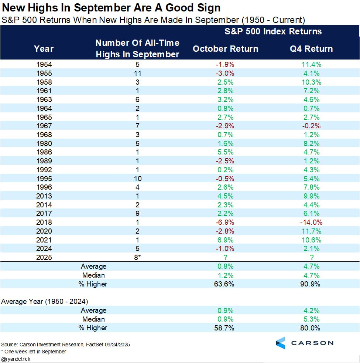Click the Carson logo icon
pyautogui.click(x=281, y=343)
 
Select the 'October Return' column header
pyautogui.click(x=225, y=49)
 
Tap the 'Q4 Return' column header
pyautogui.click(x=311, y=49)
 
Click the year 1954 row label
pyautogui.click(x=44, y=64)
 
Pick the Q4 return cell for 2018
pyautogui.click(x=311, y=223)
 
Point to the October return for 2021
pyautogui.click(x=225, y=240)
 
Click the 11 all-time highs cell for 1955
pyautogui.click(x=137, y=73)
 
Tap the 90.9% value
pyautogui.click(x=311, y=284)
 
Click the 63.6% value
pyautogui.click(x=225, y=284)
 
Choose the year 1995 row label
pyautogui.click(x=44, y=179)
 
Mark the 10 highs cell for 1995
pyautogui.click(x=137, y=179)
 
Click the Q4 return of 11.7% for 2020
pyautogui.click(x=311, y=231)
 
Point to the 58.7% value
pyautogui.click(x=225, y=328)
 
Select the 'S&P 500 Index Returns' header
pyautogui.click(x=273, y=31)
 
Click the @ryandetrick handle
pyautogui.click(x=16, y=359)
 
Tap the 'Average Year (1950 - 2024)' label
pyautogui.click(x=44, y=301)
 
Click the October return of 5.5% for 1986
pyautogui.click(x=225, y=152)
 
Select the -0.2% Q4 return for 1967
pyautogui.click(x=311, y=126)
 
